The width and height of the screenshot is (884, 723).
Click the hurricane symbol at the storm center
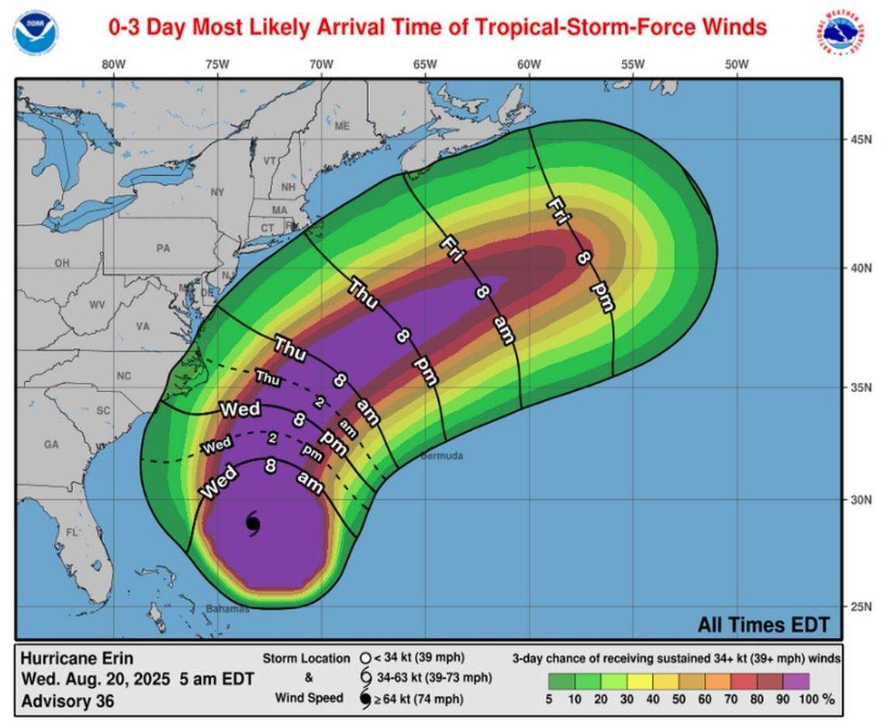point(254,523)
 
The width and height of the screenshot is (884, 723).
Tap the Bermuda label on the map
point(442,456)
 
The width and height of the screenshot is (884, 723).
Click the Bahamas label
point(228,608)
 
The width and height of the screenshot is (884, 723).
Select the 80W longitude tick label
point(114,64)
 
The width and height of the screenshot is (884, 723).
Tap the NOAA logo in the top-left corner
point(35,33)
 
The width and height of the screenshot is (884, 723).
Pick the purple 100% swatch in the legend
point(796,681)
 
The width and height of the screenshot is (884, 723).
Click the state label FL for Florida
point(72,533)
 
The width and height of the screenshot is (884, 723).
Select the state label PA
point(163,249)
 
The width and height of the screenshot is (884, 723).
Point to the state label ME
point(342,126)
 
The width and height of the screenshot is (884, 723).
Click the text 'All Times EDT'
point(763,625)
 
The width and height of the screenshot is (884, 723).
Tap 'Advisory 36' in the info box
point(67,701)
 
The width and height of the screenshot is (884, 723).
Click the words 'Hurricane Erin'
point(77,659)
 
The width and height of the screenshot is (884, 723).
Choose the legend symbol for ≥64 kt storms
point(365,699)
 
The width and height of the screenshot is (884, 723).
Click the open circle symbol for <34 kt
point(365,659)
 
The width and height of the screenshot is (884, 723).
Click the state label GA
point(52,445)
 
